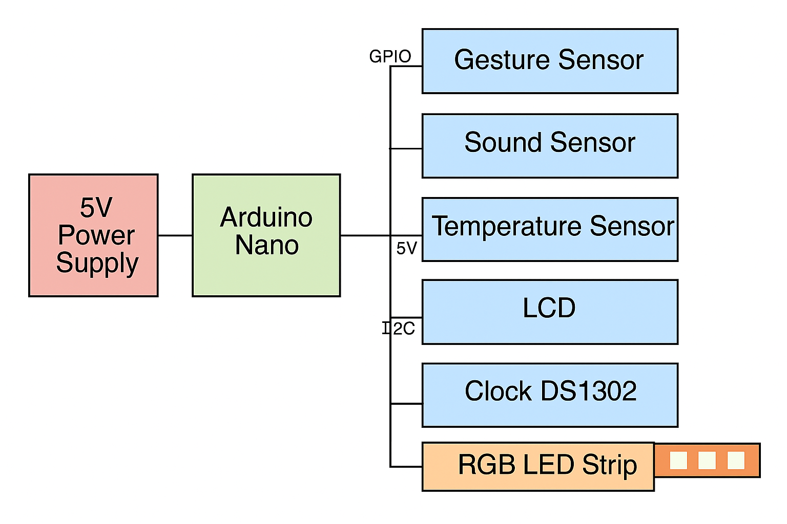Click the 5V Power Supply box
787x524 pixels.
coord(93,235)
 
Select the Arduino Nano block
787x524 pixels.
coord(266,235)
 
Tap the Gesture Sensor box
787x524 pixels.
coord(550,61)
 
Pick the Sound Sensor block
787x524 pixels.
coord(550,146)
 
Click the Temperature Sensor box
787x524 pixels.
coord(550,229)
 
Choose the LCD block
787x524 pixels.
coord(550,312)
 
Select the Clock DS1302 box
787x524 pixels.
coord(550,395)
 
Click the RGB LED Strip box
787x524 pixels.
coord(537,466)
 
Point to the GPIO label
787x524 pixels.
coord(390,56)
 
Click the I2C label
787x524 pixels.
coord(399,328)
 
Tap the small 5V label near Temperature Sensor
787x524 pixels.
coord(407,249)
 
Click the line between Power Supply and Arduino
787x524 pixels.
coord(175,235)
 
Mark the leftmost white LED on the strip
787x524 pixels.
coord(678,460)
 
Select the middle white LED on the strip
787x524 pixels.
coord(707,460)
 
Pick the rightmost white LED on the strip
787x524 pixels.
coord(736,460)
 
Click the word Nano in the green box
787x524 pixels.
coord(267,245)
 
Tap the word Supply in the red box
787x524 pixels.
coord(97,264)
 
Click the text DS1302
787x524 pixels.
coord(589,391)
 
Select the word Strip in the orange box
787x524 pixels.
coord(609,466)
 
